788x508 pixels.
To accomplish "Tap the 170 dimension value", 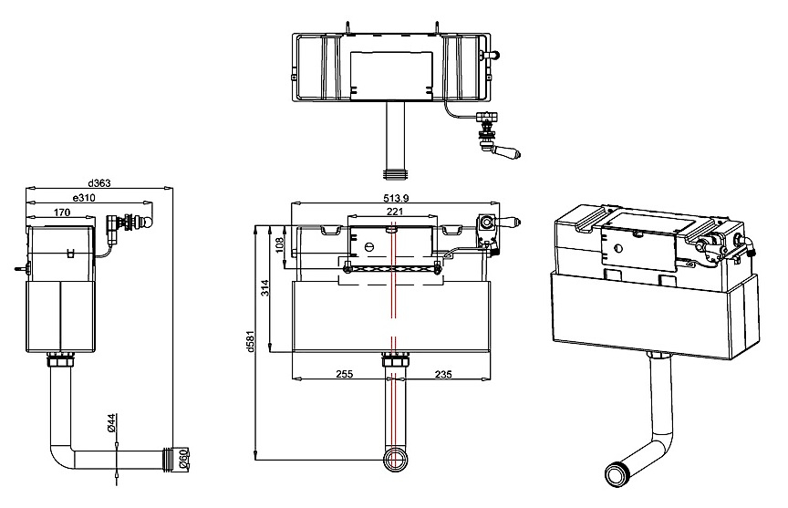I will (62, 212).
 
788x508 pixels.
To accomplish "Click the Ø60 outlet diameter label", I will (183, 460).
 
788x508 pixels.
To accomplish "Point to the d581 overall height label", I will (249, 339).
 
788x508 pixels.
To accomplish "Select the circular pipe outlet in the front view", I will (395, 461).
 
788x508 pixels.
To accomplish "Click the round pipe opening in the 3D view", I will (617, 475).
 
